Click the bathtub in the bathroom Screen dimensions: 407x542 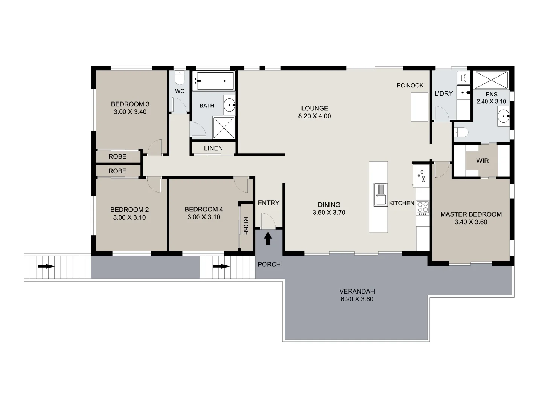point(213,81)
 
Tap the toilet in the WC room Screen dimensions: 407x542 point(180,78)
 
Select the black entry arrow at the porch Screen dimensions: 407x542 point(268,238)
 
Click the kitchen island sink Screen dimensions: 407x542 point(381,194)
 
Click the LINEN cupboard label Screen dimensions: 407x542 point(213,148)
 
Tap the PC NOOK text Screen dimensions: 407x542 point(410,86)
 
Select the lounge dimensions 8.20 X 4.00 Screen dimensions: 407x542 point(315,116)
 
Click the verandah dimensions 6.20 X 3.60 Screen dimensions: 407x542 point(357,299)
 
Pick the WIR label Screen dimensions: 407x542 point(482,161)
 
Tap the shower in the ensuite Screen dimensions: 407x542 point(491,80)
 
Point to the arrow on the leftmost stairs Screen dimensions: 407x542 point(46,266)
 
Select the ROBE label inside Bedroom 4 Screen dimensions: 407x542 point(246,226)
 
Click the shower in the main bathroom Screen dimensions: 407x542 point(224,127)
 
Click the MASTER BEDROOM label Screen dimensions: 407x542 point(471,214)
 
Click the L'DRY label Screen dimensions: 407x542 point(443,93)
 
